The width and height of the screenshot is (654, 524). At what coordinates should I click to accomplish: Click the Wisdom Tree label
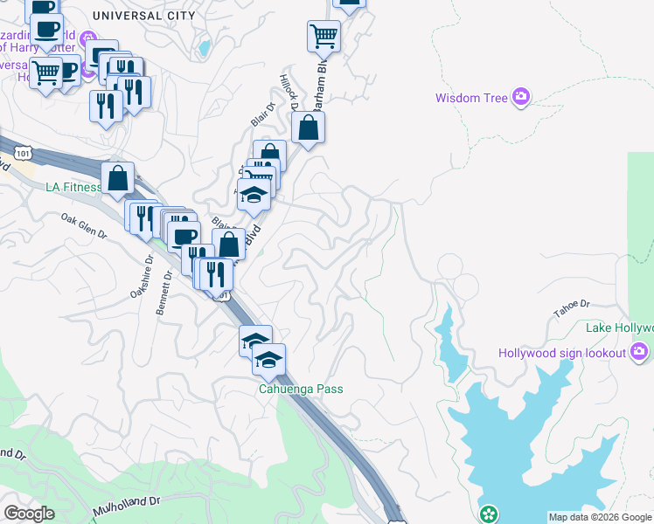click(x=471, y=98)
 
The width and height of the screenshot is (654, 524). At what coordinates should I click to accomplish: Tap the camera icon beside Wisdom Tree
click(x=522, y=97)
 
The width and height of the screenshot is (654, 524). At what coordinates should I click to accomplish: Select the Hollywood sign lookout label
click(x=562, y=353)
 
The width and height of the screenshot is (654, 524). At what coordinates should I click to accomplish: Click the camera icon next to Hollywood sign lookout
click(x=639, y=352)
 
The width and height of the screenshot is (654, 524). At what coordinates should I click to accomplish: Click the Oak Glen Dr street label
click(x=84, y=227)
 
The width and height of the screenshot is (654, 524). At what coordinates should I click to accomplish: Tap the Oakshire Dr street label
click(x=139, y=279)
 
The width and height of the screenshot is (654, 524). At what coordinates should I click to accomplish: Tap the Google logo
click(x=29, y=514)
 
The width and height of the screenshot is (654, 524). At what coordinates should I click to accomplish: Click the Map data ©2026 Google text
click(x=600, y=517)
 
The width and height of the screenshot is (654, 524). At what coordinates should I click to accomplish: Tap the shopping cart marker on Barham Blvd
click(x=324, y=37)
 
